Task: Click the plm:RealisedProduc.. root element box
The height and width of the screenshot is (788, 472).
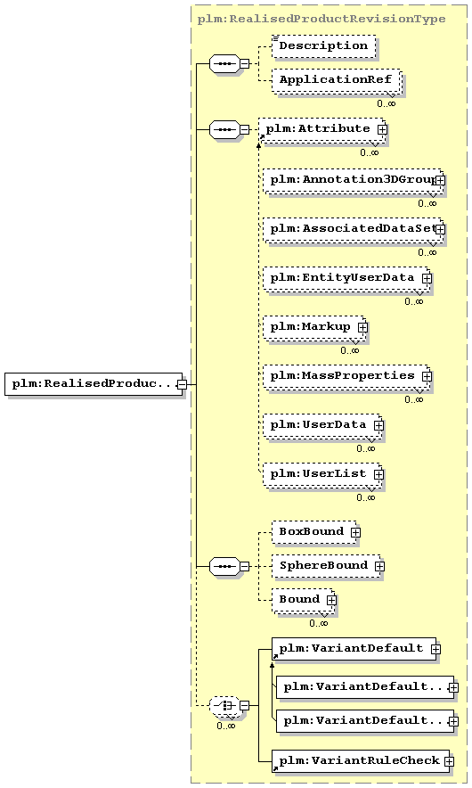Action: (x=94, y=384)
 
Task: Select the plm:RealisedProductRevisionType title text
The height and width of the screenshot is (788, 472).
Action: (x=321, y=19)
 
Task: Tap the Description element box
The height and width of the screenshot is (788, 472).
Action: (x=324, y=45)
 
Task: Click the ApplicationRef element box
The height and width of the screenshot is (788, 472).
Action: (x=337, y=80)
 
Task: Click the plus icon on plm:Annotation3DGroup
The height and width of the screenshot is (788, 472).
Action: (x=440, y=180)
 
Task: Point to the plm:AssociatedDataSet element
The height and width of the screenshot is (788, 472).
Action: (x=354, y=229)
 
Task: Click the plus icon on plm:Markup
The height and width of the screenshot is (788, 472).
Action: (x=362, y=327)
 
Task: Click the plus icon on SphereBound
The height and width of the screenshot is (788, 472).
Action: (x=379, y=566)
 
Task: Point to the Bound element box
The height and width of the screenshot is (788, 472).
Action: (x=304, y=601)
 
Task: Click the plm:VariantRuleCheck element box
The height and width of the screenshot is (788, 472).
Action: (x=362, y=761)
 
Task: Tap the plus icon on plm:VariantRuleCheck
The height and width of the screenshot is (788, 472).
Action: (x=449, y=762)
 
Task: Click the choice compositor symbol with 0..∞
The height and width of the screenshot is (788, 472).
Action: (x=224, y=706)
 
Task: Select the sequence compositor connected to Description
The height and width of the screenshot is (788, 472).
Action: (x=224, y=64)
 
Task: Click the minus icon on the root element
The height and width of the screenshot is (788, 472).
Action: (x=183, y=384)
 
